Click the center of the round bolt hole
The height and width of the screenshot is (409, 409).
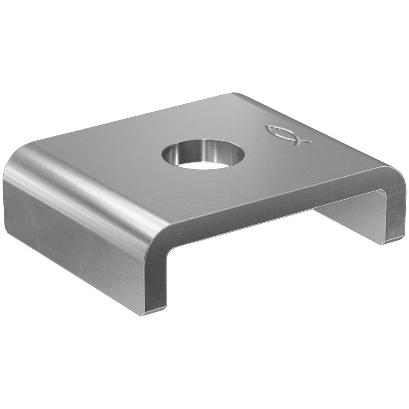[203, 155]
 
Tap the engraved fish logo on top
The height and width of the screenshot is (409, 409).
[287, 135]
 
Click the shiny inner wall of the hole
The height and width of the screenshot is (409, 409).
[204, 148]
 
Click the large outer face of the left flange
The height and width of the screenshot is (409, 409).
[70, 237]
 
